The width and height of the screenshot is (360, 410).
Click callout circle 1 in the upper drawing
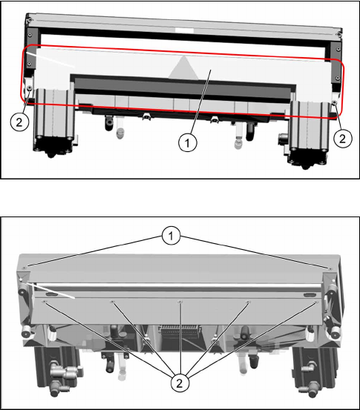click(187, 143)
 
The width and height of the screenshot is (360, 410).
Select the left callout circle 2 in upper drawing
click(19, 122)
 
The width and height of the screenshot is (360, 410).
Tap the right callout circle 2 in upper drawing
click(343, 139)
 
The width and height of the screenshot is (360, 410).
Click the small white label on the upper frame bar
click(185, 30)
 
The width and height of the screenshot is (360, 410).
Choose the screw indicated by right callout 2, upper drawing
click(334, 102)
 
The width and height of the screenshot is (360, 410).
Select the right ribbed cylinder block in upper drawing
click(310, 126)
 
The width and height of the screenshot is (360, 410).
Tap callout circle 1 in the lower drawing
click(171, 236)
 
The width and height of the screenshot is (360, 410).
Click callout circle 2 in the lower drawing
click(179, 383)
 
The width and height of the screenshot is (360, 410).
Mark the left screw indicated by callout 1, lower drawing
click(24, 268)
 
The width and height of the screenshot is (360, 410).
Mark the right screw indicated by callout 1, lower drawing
click(330, 269)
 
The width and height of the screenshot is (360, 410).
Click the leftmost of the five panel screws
click(45, 302)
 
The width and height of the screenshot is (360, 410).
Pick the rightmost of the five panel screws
click(316, 302)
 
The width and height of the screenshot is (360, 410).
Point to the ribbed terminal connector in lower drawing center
click(180, 329)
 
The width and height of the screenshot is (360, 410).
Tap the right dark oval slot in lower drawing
click(309, 296)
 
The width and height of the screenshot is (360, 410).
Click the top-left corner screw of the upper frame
click(30, 19)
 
